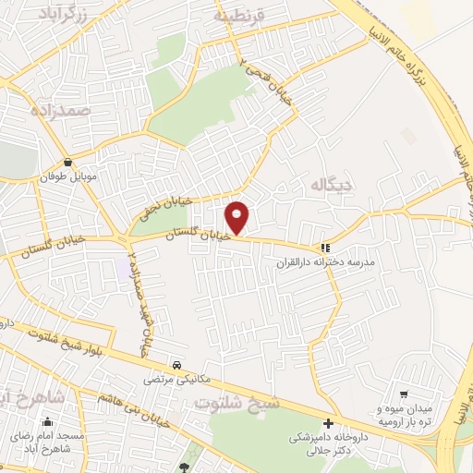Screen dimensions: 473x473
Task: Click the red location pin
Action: (237, 217)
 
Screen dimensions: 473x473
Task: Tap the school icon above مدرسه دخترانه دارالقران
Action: (323, 248)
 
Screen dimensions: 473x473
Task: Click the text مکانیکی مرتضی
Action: (176, 379)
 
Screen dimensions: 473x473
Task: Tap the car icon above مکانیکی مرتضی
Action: (176, 364)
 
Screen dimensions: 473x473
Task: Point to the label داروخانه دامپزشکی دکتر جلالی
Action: (329, 443)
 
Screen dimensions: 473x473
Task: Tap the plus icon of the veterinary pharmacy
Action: (341, 423)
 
